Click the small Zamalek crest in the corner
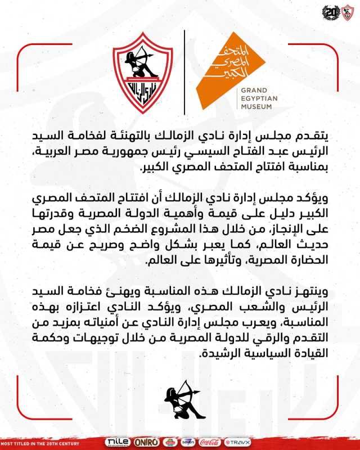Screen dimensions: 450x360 tap(346, 12)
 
